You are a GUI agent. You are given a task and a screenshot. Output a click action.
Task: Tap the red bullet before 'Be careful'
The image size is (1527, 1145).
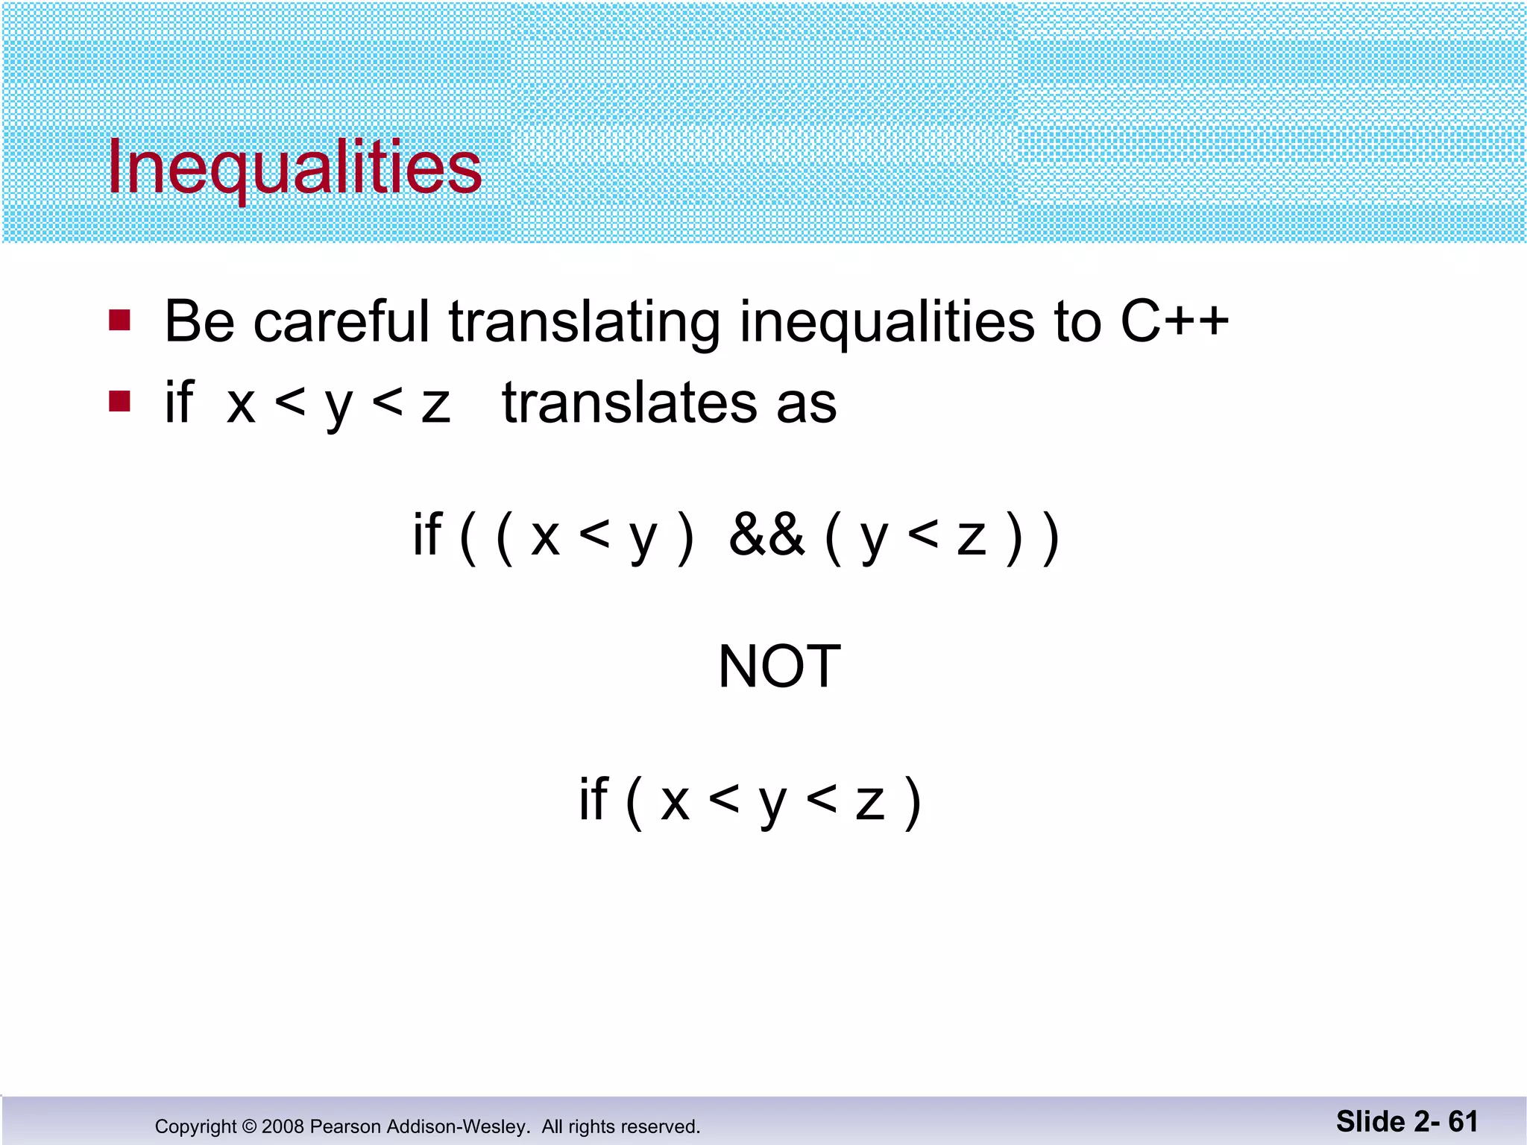pos(119,321)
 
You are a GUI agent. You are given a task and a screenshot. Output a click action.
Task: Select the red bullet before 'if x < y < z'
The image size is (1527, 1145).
pos(119,402)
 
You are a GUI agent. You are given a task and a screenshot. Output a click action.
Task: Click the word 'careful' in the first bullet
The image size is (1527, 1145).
pos(341,321)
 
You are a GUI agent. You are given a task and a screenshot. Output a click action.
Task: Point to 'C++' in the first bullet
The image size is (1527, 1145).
pos(1174,321)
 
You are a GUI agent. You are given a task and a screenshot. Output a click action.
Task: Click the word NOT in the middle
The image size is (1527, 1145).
pos(779,666)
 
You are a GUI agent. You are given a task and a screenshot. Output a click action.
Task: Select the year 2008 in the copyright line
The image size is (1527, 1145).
pos(283,1126)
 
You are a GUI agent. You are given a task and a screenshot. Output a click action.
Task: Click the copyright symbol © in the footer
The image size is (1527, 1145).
pos(249,1126)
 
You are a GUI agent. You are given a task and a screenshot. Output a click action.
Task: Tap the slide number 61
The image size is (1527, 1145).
pos(1463,1121)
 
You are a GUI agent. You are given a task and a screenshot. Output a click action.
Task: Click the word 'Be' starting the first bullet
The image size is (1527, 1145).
pos(199,321)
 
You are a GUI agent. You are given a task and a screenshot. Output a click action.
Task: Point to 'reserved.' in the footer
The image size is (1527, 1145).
pos(662,1126)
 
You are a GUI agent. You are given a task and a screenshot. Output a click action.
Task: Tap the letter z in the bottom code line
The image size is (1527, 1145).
pos(869,803)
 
